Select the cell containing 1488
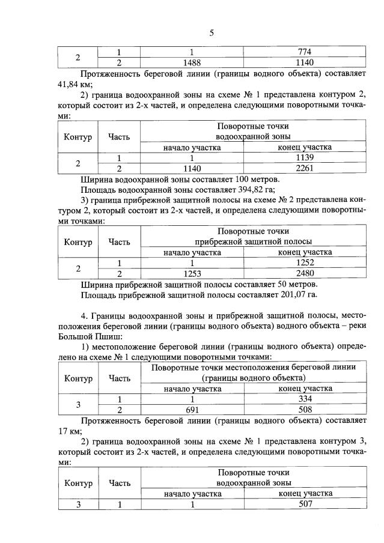[x=190, y=62]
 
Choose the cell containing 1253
[x=190, y=273]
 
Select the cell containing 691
[x=190, y=410]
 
